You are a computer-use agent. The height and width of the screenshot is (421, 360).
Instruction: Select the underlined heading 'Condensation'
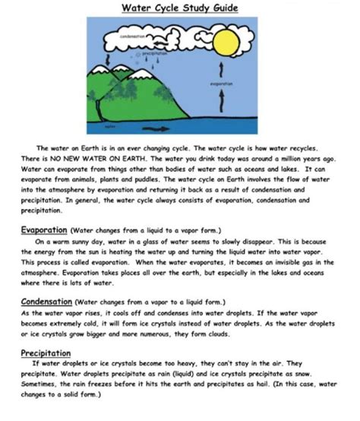(x=47, y=301)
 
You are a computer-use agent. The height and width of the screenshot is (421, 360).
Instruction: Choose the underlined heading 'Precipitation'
(x=46, y=353)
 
